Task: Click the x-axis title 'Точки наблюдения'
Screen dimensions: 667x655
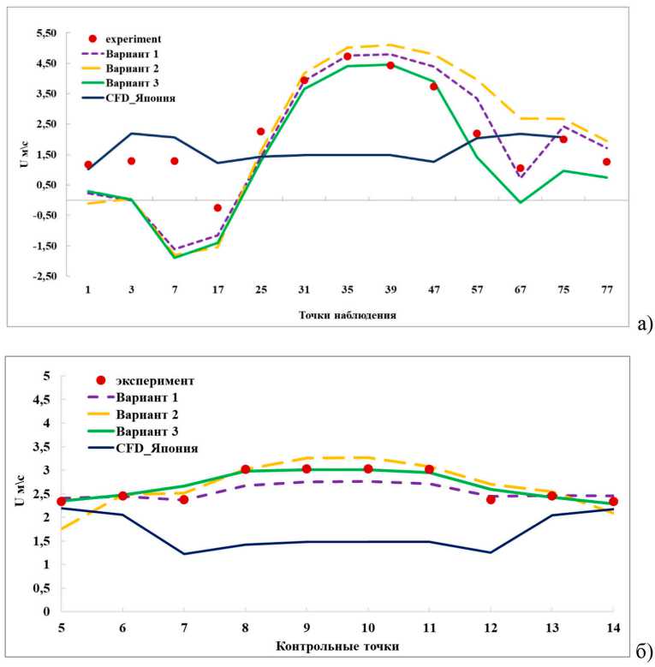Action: coord(347,315)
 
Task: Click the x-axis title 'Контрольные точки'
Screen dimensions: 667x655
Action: coord(336,645)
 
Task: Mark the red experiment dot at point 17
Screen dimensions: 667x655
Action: coord(217,208)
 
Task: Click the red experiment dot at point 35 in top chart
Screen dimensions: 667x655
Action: coord(348,57)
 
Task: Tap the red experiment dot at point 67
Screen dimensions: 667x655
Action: coord(520,169)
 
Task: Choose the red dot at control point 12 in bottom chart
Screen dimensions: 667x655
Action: coord(491,499)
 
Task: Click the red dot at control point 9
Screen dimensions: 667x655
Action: coord(307,469)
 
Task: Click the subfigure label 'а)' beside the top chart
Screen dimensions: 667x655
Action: coord(645,324)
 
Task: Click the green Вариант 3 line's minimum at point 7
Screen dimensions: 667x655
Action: coord(175,257)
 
